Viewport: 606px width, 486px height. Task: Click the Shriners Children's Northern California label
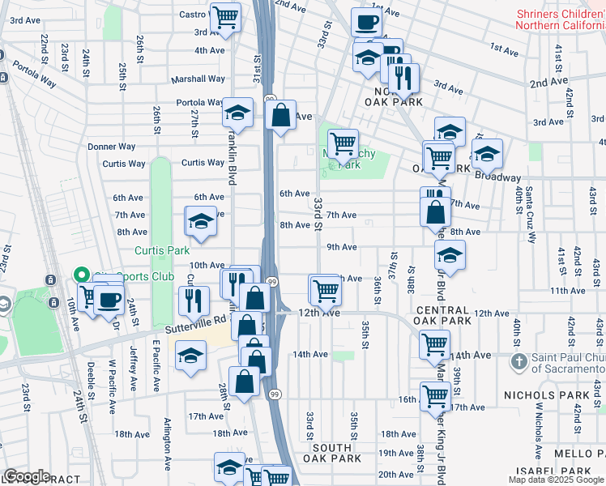(558, 19)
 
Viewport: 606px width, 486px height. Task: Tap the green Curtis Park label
(162, 250)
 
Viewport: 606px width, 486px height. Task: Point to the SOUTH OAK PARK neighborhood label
(332, 453)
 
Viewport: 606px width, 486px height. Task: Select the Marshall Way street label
(198, 79)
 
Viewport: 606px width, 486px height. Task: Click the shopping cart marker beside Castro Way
(225, 15)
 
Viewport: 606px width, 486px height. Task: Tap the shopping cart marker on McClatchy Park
(344, 143)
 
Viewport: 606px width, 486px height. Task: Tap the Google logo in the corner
(26, 476)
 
